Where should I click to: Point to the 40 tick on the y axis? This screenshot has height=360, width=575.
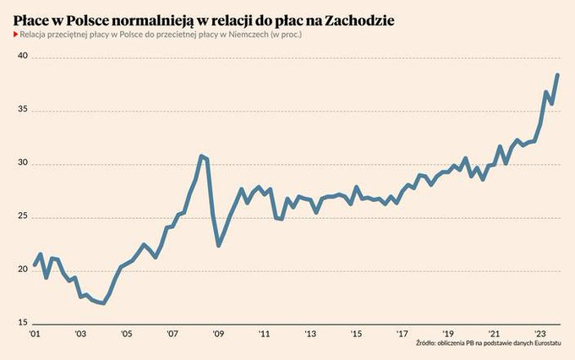(x=22, y=57)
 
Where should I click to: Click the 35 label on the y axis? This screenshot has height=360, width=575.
(x=22, y=110)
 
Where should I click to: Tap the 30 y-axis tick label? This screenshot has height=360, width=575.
(x=22, y=164)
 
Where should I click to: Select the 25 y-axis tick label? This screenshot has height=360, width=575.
(x=22, y=217)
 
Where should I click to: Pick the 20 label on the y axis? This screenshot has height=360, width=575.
(x=22, y=270)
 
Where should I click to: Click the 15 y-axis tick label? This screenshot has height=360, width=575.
(x=22, y=324)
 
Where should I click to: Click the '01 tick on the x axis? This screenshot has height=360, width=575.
(x=34, y=334)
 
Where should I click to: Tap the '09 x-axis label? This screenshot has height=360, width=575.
(x=217, y=334)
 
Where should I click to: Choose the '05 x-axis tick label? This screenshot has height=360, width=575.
(x=126, y=334)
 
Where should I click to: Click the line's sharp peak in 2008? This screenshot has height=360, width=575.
(x=200, y=155)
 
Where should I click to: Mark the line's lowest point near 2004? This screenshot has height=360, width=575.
(x=103, y=303)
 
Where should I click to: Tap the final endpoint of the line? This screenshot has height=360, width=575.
(x=557, y=75)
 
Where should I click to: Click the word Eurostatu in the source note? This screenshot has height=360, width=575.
(x=546, y=345)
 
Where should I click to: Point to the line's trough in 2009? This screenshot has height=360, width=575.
(x=218, y=245)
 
